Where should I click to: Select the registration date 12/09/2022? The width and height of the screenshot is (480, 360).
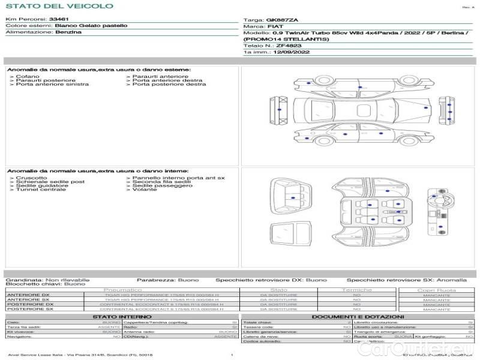pyautogui.click(x=291, y=52)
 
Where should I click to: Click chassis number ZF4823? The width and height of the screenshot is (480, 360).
pyautogui.click(x=289, y=46)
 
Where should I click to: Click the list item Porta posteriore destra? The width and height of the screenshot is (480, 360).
pyautogui.click(x=169, y=85)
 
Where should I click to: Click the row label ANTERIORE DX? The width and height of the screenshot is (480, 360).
pyautogui.click(x=28, y=295)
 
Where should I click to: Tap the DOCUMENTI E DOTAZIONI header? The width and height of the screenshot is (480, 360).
pyautogui.click(x=358, y=316)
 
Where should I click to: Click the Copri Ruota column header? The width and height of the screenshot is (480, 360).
pyautogui.click(x=436, y=290)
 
